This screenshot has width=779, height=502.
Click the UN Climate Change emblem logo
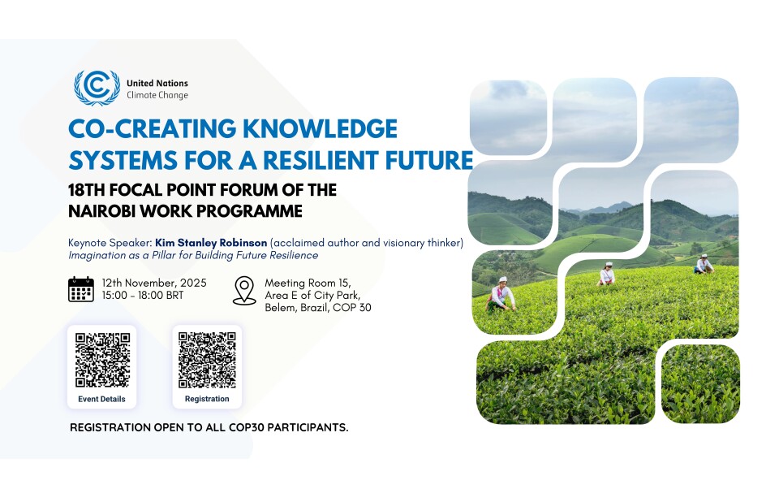coord(97,88)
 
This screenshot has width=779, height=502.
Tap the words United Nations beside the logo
coord(157,83)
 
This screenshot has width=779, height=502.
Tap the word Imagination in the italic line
coord(97,256)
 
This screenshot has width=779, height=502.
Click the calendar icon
coord(81,289)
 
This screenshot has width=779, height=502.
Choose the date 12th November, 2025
coord(153,283)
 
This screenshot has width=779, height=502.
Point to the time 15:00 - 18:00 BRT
coord(142,295)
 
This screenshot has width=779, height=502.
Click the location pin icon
coord(244,290)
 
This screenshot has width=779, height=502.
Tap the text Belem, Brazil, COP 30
coord(318,308)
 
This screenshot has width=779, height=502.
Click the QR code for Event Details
coord(101,359)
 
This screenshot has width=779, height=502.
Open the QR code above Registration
coord(207,359)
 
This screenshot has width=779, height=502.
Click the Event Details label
coord(101,399)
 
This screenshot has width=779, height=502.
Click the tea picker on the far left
coord(501,294)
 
